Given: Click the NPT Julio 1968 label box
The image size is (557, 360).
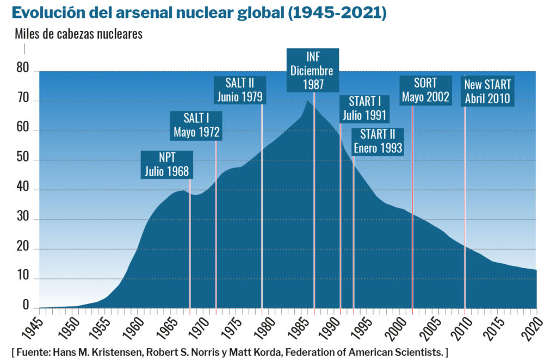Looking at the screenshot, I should (167, 165).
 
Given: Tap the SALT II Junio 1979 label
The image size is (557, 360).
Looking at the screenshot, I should (240, 90).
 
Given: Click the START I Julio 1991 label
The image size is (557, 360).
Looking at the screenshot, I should (364, 108).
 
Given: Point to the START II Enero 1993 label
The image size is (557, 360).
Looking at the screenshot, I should (377, 141).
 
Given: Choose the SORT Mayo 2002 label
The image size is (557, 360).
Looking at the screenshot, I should (425, 90).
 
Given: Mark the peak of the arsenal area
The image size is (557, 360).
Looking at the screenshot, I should (308, 101).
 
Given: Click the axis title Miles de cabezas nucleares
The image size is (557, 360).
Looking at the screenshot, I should (78, 34).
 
